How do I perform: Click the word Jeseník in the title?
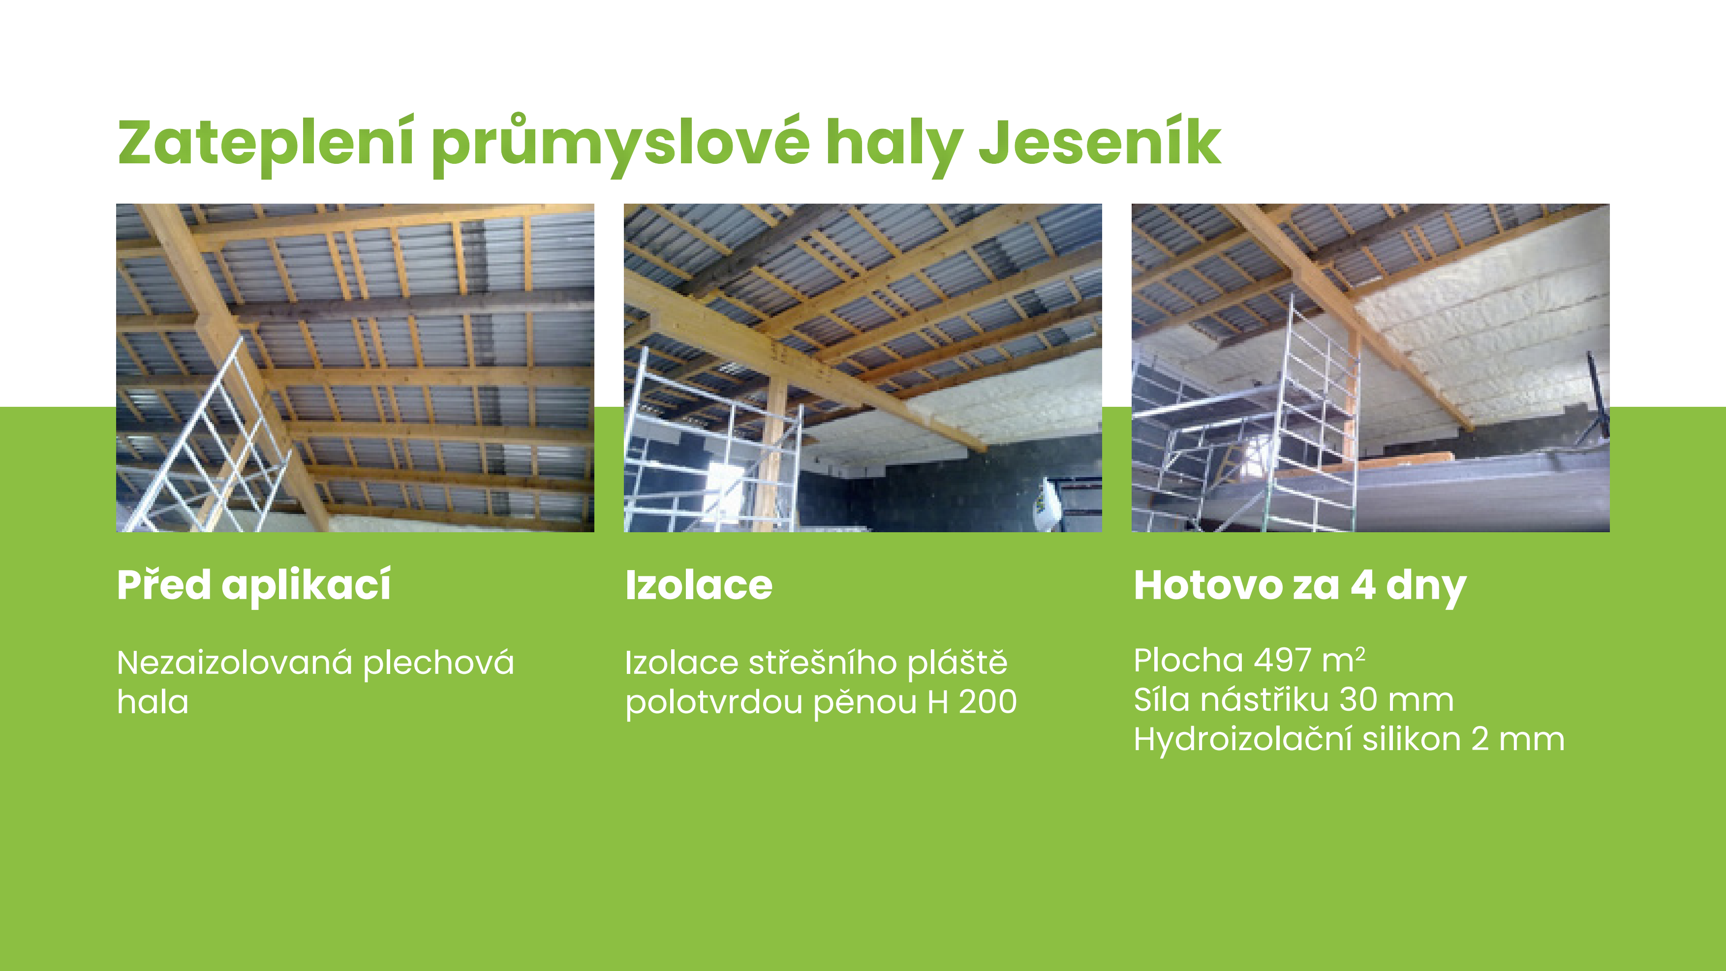(1100, 142)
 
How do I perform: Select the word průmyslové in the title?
(620, 145)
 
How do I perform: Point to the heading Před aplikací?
(254, 586)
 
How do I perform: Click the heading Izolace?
(699, 586)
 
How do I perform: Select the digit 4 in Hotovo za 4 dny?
(1363, 586)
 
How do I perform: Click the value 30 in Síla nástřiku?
(1358, 700)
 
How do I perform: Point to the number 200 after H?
(987, 702)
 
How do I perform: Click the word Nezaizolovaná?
(235, 663)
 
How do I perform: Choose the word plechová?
(438, 664)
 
